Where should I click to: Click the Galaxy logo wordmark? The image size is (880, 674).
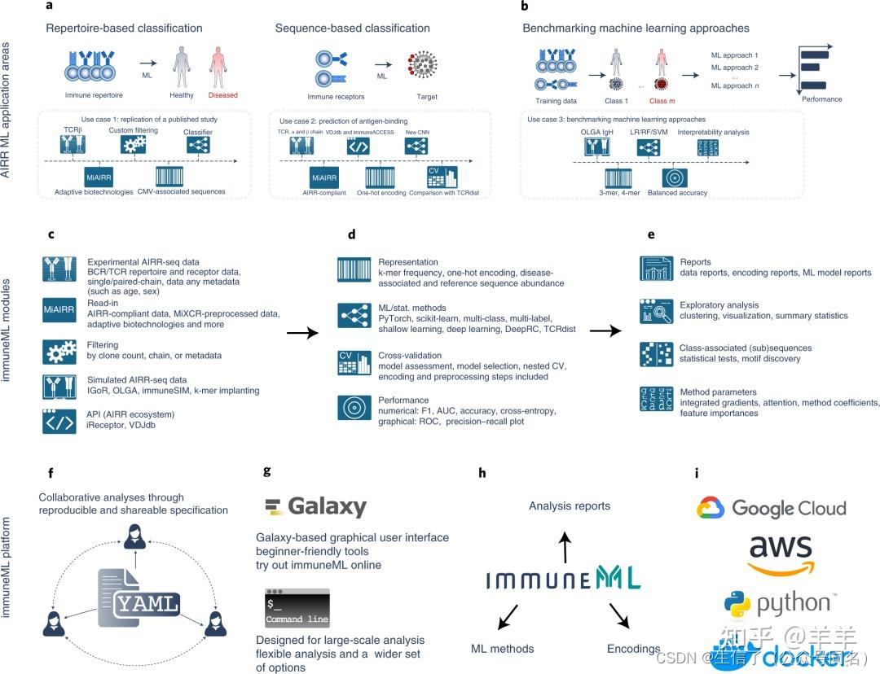click(x=316, y=506)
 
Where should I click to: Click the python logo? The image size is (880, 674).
click(x=778, y=603)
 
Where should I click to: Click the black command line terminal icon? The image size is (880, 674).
click(x=297, y=607)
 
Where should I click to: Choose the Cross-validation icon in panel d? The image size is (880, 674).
click(x=354, y=363)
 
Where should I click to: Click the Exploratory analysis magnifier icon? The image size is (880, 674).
click(x=655, y=311)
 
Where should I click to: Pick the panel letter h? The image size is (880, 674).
click(x=483, y=473)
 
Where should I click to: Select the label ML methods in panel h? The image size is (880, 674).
click(x=503, y=649)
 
